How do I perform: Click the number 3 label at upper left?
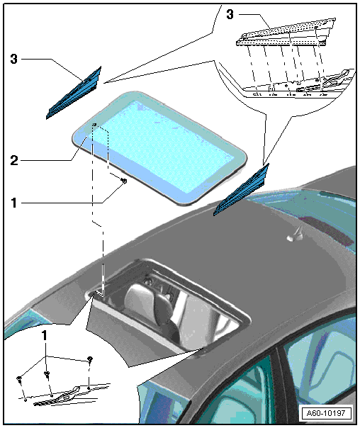click(x=13, y=59)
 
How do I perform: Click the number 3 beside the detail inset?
click(x=230, y=14)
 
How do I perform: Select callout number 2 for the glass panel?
click(x=14, y=160)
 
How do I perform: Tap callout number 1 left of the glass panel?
click(x=13, y=203)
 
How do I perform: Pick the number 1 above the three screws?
click(x=45, y=335)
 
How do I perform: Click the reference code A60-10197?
click(x=325, y=413)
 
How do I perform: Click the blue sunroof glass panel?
click(x=159, y=147)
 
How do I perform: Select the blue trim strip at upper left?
click(x=74, y=93)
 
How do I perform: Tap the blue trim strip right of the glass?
click(x=241, y=190)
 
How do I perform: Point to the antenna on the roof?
click(x=296, y=235)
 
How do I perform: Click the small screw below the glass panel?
click(x=123, y=181)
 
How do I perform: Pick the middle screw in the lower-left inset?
click(x=47, y=374)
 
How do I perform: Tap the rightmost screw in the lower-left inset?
click(x=90, y=359)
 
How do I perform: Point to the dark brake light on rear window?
click(x=327, y=230)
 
